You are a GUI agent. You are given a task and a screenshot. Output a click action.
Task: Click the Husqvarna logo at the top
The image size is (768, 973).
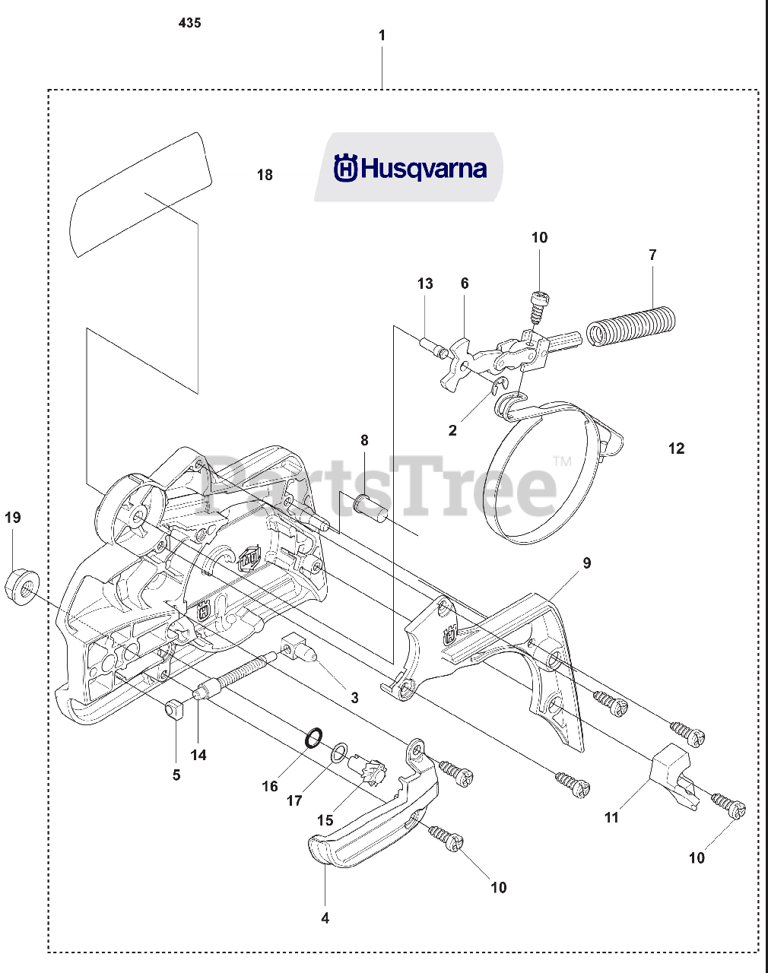click(x=410, y=168)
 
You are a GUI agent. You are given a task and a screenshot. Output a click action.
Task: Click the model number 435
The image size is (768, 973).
click(x=189, y=23)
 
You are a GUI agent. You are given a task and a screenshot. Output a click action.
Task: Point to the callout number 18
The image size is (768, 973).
click(x=265, y=175)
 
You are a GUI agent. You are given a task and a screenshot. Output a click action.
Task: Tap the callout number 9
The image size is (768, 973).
click(x=586, y=563)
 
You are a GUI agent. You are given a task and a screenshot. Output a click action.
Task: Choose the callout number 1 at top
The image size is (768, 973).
click(x=382, y=35)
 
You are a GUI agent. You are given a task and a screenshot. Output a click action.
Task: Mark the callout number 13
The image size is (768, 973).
click(x=425, y=284)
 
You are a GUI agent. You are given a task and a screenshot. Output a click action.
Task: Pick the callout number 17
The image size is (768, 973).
click(x=294, y=800)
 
